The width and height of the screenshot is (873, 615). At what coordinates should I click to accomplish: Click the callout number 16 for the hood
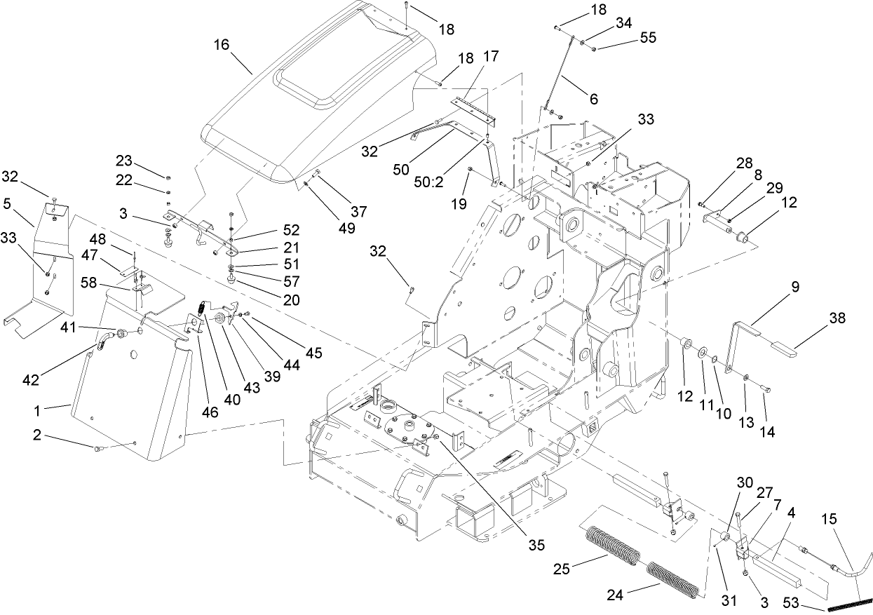pyautogui.click(x=222, y=45)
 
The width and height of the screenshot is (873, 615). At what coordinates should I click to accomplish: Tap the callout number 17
pyautogui.click(x=490, y=55)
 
